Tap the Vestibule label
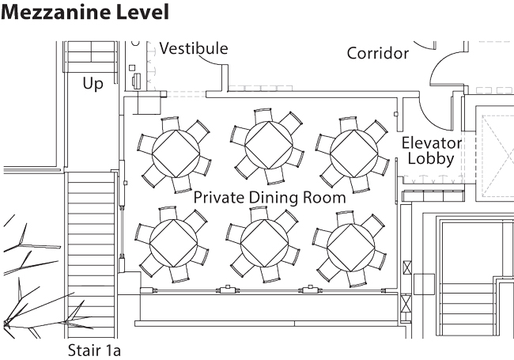194,49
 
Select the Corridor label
378,54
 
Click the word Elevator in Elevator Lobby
432,143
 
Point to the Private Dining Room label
270,197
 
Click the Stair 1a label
94,348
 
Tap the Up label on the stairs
93,83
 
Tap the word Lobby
430,159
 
